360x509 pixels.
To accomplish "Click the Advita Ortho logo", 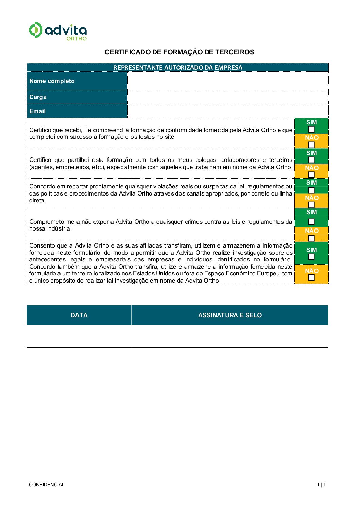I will tap(58, 31).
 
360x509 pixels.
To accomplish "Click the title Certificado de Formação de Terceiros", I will tap(179, 52).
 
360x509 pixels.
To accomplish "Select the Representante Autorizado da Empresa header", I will tap(177, 67).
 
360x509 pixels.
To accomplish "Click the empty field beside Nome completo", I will tap(228, 81).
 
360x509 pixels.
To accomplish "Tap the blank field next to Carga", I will tap(228, 97).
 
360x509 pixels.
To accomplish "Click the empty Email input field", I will tap(228, 111).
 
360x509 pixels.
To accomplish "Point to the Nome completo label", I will tap(52, 81).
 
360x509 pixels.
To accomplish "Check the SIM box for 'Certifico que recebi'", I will tap(311, 129).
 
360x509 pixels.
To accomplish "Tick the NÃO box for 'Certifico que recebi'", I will tap(311, 145).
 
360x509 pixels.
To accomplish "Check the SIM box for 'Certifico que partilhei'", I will tap(311, 160).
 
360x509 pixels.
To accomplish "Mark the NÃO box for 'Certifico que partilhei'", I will tap(311, 175).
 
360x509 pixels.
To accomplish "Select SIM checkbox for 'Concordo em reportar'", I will tap(311, 190).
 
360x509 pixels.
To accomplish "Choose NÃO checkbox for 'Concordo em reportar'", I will tap(311, 205).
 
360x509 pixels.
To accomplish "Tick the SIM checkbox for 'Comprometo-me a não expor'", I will tap(311, 222).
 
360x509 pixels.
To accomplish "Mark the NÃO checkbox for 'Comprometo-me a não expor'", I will tap(311, 238).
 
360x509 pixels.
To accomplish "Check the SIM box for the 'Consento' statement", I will tap(311, 257).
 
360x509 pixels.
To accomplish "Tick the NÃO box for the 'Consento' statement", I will tap(311, 277).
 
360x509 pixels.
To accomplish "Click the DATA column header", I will tap(79, 315).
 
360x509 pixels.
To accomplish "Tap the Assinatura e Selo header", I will tap(230, 315).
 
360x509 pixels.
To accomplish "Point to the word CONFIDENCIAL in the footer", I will tap(47, 485).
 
